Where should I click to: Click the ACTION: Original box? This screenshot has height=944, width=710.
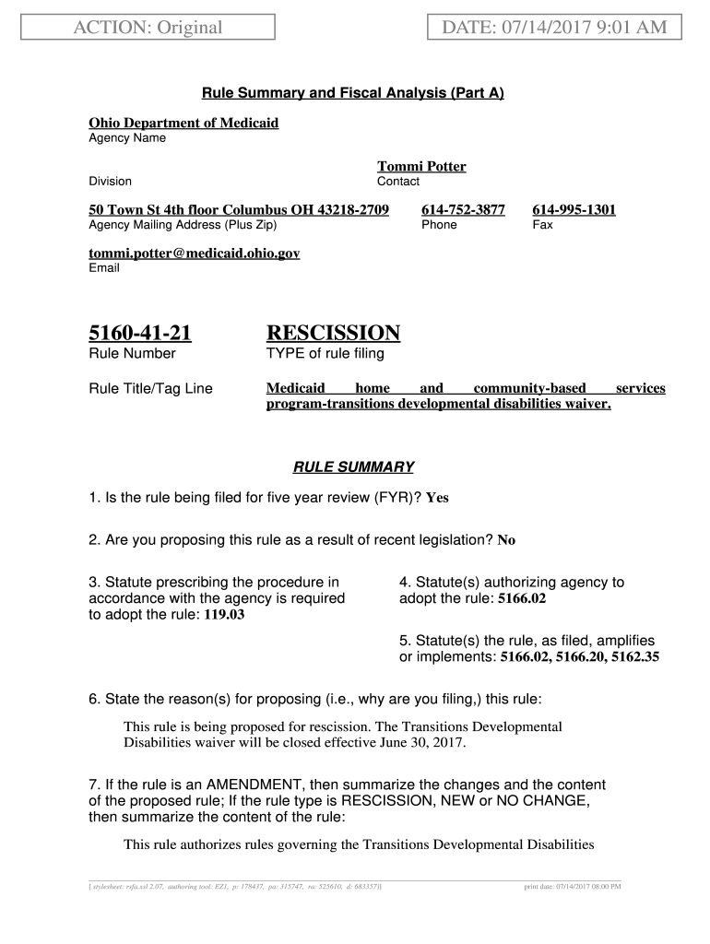(x=148, y=28)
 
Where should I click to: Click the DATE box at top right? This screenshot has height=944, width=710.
(x=553, y=28)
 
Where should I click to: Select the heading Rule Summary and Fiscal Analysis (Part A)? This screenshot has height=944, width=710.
(x=353, y=93)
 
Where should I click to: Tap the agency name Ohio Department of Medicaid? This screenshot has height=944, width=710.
(x=183, y=123)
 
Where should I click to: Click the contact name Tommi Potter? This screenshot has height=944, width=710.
(x=421, y=167)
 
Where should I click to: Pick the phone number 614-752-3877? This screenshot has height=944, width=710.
(x=463, y=209)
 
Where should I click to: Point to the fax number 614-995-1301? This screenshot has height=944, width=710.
(x=574, y=209)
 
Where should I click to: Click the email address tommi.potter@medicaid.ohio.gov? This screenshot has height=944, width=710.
(x=194, y=253)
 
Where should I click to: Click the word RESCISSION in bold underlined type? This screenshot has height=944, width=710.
(x=333, y=333)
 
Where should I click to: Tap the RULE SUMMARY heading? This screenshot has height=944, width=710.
(x=353, y=466)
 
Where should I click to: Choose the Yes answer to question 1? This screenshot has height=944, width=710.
(x=437, y=499)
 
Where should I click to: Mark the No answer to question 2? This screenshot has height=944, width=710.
(x=506, y=541)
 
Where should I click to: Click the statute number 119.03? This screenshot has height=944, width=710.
(x=224, y=615)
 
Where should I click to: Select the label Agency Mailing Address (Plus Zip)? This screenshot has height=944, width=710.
(x=182, y=225)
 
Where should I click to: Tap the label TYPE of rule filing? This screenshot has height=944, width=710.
(x=325, y=354)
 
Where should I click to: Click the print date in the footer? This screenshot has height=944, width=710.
(x=572, y=887)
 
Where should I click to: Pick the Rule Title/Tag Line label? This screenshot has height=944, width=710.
(x=150, y=389)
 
